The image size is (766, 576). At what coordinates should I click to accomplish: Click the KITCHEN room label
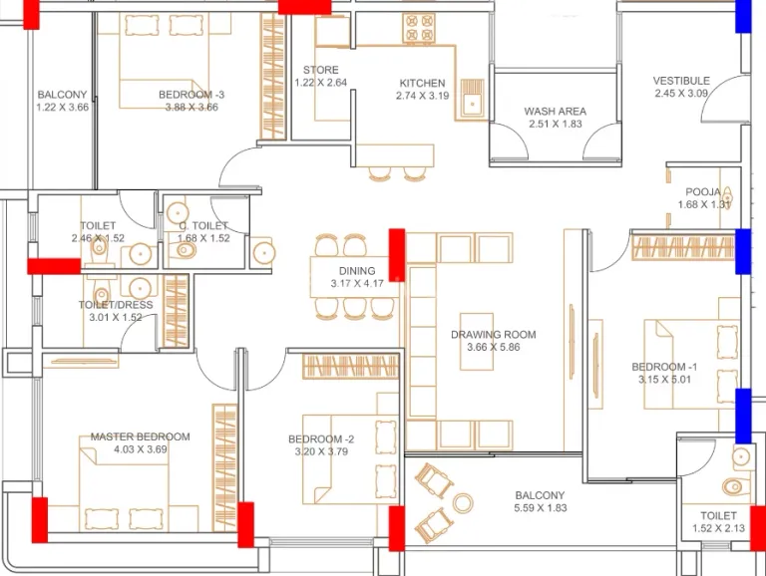[422, 84]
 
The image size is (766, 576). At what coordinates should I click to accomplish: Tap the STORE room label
[320, 70]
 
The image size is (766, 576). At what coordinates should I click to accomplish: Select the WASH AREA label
[555, 112]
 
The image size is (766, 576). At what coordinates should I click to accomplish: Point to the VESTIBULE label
[681, 81]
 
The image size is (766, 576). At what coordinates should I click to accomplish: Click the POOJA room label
[703, 192]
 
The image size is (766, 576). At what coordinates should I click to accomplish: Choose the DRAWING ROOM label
[493, 335]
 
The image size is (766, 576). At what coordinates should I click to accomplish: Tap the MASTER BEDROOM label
[141, 436]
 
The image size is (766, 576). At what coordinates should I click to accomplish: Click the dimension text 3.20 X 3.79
[321, 451]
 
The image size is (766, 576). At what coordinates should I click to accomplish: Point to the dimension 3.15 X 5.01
[664, 380]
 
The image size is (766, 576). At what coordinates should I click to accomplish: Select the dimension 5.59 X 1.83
[540, 507]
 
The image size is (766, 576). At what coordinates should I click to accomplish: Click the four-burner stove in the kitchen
[419, 28]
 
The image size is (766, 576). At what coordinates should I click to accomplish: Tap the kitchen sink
[472, 99]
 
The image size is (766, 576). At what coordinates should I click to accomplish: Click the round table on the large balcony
[462, 503]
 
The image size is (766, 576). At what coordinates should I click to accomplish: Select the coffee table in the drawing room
[477, 341]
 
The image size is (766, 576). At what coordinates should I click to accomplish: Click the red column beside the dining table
[397, 255]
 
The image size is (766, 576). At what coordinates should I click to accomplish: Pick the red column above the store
[304, 7]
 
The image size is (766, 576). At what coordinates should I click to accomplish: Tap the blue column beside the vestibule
[743, 16]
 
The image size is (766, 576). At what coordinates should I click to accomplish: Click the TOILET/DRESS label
[116, 305]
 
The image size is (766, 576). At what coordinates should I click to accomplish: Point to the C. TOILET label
[203, 225]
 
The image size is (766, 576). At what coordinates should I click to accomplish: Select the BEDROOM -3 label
[191, 95]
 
